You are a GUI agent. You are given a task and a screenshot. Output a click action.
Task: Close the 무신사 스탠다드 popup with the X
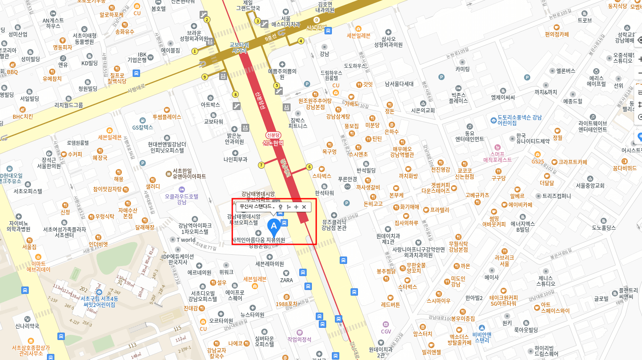tap(304, 207)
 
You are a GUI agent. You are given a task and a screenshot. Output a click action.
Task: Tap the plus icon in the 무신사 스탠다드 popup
tap(296, 207)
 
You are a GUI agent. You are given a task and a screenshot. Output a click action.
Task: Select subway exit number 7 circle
tap(261, 165)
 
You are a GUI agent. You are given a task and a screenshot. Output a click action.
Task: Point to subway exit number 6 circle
tap(309, 167)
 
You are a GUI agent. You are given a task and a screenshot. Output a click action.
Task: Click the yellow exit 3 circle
tap(257, 21)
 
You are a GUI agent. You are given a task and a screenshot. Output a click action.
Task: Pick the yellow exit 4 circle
tap(301, 41)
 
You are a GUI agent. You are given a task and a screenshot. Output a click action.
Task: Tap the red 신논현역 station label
tap(273, 143)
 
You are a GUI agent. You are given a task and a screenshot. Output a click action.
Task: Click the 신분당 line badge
tap(273, 135)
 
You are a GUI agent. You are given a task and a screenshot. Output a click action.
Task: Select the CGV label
tap(386, 331)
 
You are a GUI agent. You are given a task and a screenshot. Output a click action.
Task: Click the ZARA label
tap(286, 280)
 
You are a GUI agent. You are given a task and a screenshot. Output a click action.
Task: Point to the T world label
tap(186, 240)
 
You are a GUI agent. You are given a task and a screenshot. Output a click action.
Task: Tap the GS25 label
tap(538, 162)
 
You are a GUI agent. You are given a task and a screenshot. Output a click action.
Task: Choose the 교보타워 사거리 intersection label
tap(239, 48)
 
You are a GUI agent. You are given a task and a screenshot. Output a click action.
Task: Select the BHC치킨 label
tap(23, 117)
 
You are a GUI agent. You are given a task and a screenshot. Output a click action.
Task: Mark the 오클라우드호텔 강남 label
tap(181, 199)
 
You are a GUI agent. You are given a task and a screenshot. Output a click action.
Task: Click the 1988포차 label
tap(287, 304)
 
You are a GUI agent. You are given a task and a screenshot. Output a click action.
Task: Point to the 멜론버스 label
tap(565, 71)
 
